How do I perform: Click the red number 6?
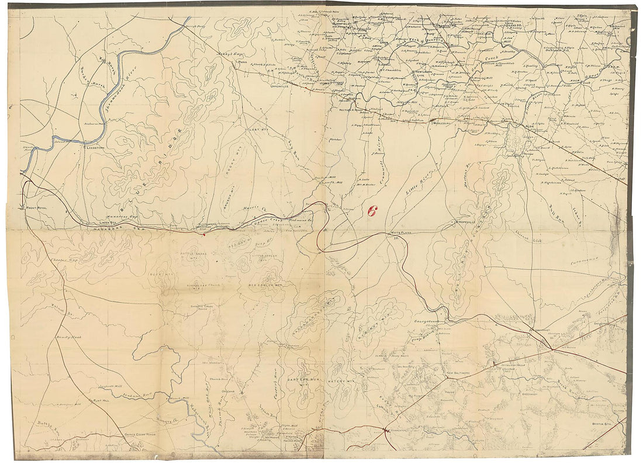point(371,212)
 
